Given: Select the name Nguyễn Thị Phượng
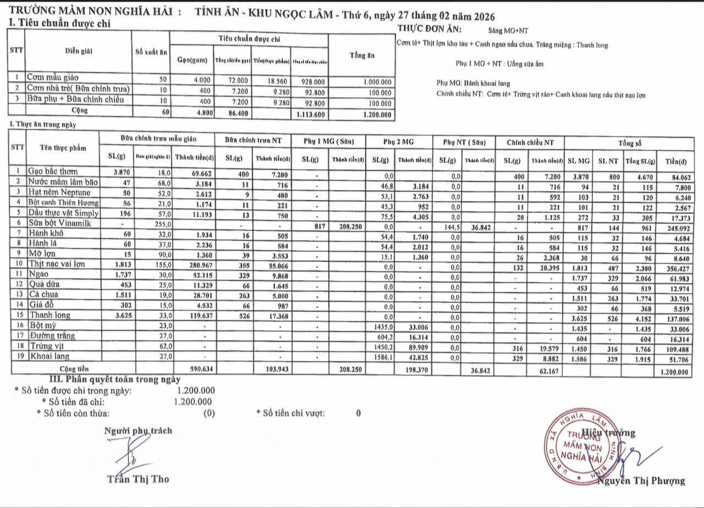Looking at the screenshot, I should click(641, 481).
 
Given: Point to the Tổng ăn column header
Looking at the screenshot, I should click(361, 55).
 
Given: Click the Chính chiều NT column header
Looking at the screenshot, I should click(529, 142).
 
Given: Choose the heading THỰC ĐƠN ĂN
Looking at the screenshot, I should click(430, 29).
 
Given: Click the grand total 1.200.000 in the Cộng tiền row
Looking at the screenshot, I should click(673, 372).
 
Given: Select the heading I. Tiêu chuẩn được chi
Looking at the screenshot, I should click(59, 23).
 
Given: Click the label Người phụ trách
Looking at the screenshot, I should click(138, 431).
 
